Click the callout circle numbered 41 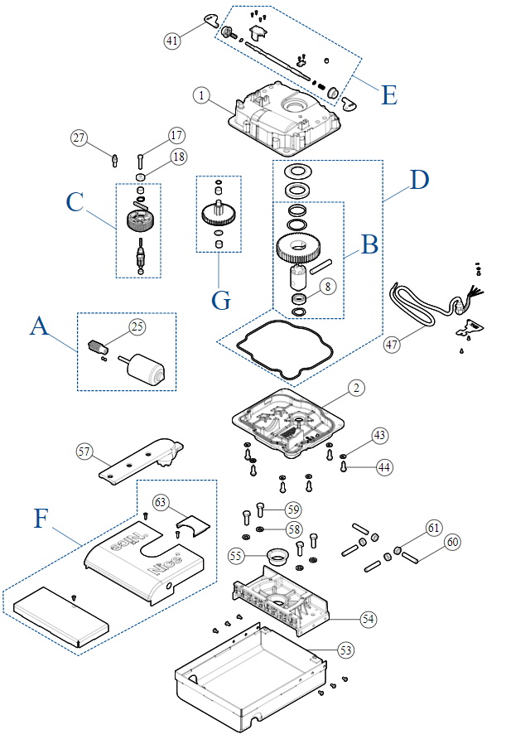point(171,39)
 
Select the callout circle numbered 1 point(201,95)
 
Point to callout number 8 point(327,287)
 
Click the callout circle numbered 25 point(137,326)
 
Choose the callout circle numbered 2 point(354,387)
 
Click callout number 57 point(83,452)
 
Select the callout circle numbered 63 point(161,502)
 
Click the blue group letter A point(38,328)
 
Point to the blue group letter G point(220,299)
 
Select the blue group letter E point(388,94)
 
